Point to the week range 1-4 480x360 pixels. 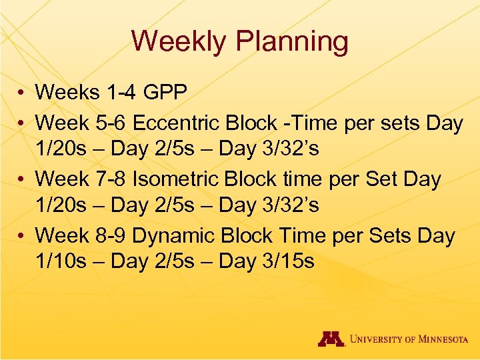117,92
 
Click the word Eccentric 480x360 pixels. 179,123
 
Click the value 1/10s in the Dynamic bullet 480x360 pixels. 61,261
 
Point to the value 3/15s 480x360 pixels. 287,261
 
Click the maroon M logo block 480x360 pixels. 330,339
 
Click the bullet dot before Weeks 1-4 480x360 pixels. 22,93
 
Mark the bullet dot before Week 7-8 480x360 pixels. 22,179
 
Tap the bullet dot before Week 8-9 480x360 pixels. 22,236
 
